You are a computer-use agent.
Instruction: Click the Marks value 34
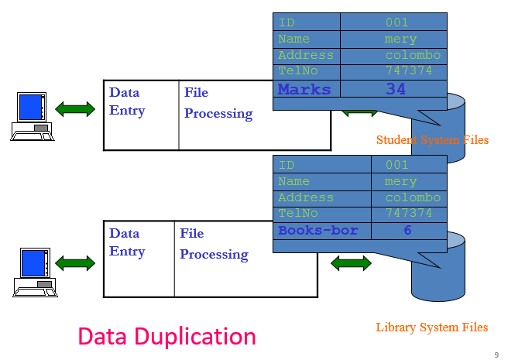click(395, 89)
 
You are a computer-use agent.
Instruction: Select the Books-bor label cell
click(317, 231)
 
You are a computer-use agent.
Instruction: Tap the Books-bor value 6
click(407, 231)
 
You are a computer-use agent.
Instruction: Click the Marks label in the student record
click(304, 89)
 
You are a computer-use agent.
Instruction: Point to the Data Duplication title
click(166, 336)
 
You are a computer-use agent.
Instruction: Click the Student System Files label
click(432, 140)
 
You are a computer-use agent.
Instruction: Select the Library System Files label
click(431, 327)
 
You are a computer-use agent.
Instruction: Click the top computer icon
click(31, 116)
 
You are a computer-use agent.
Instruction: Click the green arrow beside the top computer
click(75, 108)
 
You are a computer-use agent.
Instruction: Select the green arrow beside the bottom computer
click(75, 263)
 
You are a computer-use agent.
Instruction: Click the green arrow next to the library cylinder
click(351, 263)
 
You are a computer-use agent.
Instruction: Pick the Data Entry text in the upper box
click(127, 101)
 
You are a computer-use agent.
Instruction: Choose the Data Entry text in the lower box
click(127, 242)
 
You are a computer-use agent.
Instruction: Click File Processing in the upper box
click(218, 103)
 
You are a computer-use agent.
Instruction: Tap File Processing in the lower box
click(214, 244)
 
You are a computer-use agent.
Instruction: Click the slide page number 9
click(496, 355)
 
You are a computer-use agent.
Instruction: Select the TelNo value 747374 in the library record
click(408, 213)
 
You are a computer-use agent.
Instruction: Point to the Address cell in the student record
click(306, 55)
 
